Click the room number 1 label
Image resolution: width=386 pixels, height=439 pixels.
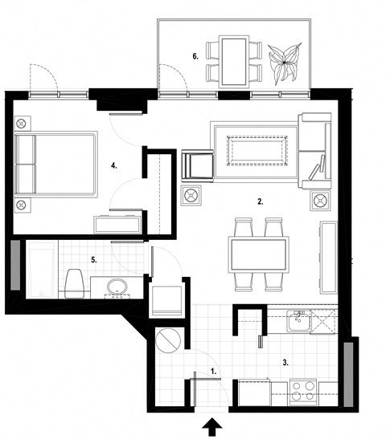[x=212, y=372]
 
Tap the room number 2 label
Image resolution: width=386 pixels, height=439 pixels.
[x=260, y=202]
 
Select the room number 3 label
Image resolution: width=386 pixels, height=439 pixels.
[x=285, y=363]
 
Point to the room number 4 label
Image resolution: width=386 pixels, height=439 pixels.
[x=115, y=165]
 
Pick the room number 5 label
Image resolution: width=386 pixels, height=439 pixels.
[x=94, y=259]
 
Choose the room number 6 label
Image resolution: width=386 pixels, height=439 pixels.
[x=195, y=56]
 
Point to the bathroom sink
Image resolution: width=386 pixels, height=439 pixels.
[x=117, y=287]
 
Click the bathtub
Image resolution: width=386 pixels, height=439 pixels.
[x=40, y=268]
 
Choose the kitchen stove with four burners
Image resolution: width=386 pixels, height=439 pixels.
[x=302, y=390]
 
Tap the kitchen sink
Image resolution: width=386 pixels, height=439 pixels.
[x=298, y=323]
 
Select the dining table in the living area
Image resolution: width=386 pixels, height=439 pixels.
[x=258, y=254]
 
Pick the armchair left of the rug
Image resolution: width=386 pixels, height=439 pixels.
[x=195, y=165]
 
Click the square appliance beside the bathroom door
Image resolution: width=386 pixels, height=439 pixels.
[x=167, y=300]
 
